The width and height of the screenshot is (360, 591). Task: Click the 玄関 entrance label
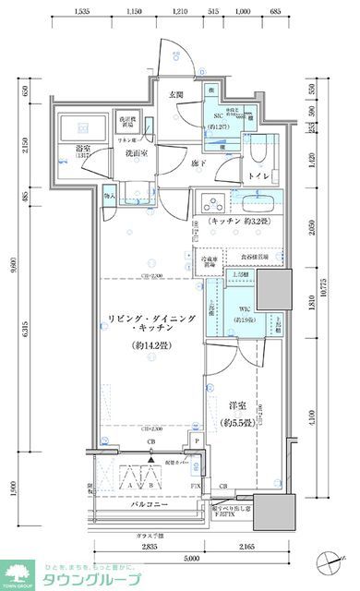[x=176, y=94]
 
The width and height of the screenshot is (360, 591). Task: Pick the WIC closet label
[x=245, y=308]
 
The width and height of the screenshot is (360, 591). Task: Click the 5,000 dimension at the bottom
[x=189, y=559]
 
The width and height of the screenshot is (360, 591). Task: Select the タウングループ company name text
[x=96, y=578]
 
